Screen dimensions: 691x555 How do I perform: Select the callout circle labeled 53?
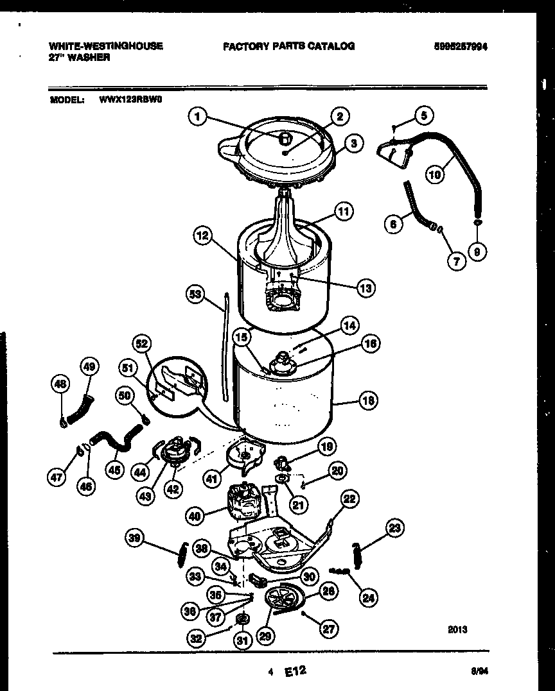(x=195, y=295)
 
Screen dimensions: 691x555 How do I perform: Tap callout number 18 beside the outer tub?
(x=368, y=401)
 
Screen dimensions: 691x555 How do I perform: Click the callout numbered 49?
(x=90, y=366)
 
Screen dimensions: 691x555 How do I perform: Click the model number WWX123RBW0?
(x=131, y=100)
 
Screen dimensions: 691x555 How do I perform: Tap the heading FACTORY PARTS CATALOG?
(x=288, y=46)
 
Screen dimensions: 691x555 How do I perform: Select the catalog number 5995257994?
(x=464, y=46)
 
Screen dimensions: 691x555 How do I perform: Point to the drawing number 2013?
(x=457, y=629)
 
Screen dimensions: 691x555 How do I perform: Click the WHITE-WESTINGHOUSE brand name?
(x=105, y=46)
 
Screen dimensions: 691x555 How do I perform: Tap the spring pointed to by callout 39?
(x=182, y=555)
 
